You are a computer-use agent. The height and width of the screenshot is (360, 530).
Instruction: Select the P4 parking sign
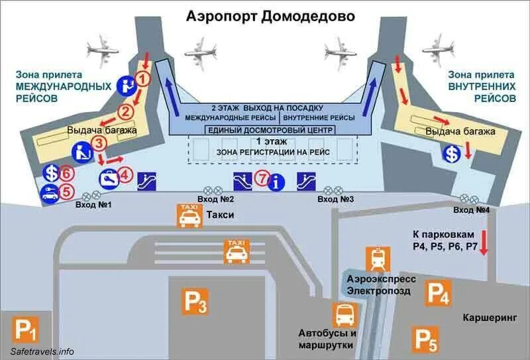[x=438, y=293]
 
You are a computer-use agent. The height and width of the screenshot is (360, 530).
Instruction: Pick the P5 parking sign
[x=425, y=339]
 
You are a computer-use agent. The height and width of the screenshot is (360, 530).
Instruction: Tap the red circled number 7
[x=262, y=178]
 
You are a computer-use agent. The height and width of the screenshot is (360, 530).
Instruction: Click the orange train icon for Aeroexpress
[x=378, y=259]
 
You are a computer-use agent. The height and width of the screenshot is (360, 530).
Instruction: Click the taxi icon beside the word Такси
[x=187, y=216]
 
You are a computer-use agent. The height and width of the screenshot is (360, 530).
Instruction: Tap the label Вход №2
[x=217, y=199]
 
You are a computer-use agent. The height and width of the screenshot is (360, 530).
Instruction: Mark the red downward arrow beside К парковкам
[x=484, y=243]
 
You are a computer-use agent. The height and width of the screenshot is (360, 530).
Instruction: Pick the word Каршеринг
[x=489, y=317]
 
